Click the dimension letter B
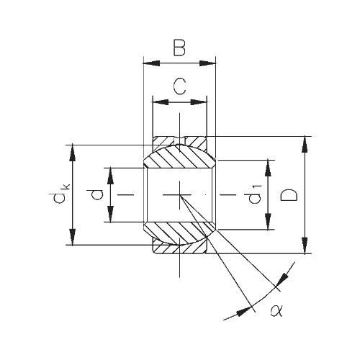[x=179, y=48]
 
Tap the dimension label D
[x=289, y=194]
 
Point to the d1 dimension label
[x=254, y=194]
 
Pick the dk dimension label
[x=61, y=194]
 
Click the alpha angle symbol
[x=276, y=310]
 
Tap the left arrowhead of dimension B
[x=151, y=63]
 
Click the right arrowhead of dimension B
[x=207, y=63]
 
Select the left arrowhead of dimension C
[x=161, y=102]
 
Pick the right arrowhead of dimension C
[x=199, y=102]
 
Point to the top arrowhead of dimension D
[x=305, y=145]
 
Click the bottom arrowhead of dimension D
[x=305, y=245]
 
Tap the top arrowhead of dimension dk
[x=73, y=153]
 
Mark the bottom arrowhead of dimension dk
[x=73, y=237]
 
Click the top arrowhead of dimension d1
[x=268, y=168]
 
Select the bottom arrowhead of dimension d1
[x=268, y=221]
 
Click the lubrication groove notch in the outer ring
[x=179, y=140]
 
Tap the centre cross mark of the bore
[x=180, y=194]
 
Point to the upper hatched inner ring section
[x=179, y=156]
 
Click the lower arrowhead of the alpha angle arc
[x=245, y=312]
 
